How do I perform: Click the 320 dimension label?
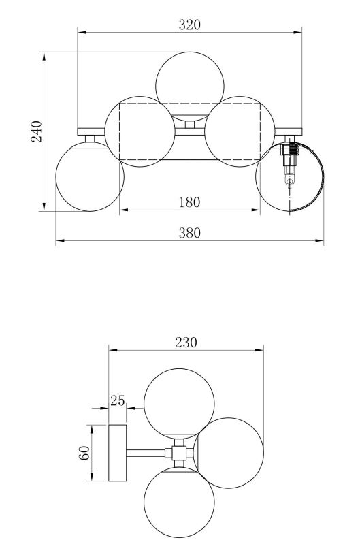(190, 25)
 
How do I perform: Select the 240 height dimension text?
(36, 131)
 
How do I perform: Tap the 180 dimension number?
(190, 202)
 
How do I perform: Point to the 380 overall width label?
(190, 233)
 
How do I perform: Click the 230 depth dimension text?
(186, 342)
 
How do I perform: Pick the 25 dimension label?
(118, 400)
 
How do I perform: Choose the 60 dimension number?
(84, 453)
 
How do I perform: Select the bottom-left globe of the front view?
(90, 177)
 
